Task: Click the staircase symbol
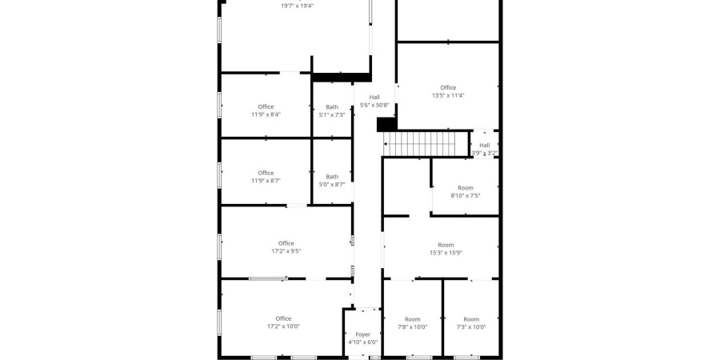426,144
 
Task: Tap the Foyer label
362,334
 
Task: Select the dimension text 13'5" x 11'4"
448,95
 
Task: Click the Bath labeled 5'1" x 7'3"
332,107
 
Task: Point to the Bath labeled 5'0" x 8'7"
332,177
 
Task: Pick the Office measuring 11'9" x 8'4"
266,107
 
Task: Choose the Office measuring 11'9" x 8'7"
266,173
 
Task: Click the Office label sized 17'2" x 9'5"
286,243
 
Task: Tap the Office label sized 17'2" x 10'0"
284,318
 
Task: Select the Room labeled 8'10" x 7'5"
466,188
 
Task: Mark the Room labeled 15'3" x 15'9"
446,246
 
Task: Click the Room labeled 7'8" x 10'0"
412,319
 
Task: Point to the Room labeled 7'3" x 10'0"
471,319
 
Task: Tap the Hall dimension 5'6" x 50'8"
374,105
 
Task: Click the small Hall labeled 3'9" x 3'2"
485,145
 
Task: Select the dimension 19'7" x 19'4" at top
298,6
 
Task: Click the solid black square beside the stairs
386,125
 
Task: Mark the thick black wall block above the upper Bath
341,78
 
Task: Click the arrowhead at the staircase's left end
385,144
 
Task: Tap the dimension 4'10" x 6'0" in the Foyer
362,342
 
